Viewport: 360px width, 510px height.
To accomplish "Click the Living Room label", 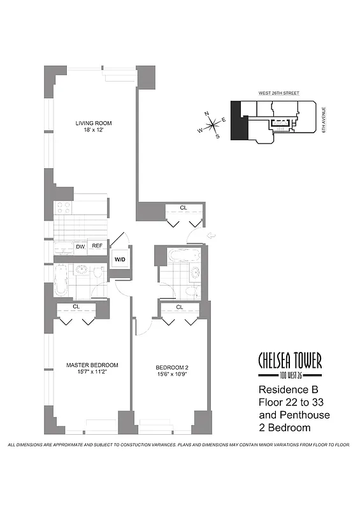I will (x=89, y=124).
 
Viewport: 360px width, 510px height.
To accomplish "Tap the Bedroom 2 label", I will (x=172, y=367).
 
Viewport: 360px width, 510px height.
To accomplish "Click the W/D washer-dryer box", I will (x=119, y=259).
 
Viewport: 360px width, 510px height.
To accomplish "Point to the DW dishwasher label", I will (x=80, y=246).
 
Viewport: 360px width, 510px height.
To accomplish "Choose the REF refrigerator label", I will (x=97, y=246).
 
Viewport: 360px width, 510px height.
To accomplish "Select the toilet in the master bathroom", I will (x=97, y=273).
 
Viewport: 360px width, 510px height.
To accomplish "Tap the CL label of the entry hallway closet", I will (x=183, y=208).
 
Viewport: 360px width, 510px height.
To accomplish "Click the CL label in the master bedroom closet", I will (x=76, y=307).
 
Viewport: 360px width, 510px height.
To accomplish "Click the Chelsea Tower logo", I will (x=289, y=364).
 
